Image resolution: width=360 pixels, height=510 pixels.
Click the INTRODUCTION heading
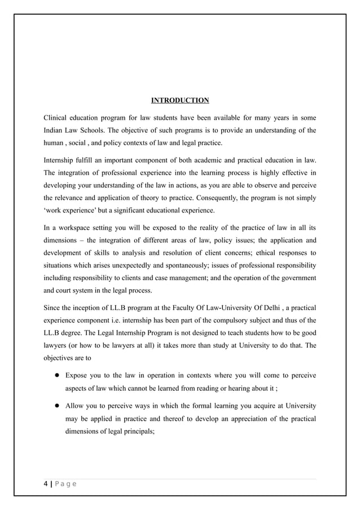180,101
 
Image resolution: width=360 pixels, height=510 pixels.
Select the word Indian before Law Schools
55,130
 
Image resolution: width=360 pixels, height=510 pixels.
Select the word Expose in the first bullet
77,376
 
